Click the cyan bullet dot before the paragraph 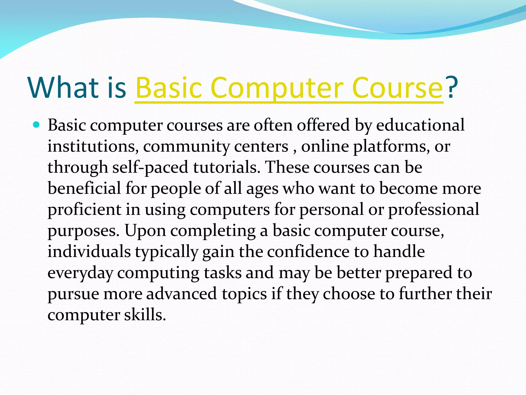pos(36,125)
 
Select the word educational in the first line pos(420,125)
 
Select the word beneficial pos(84,188)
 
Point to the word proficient pos(84,209)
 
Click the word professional pos(434,209)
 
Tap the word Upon pos(145,230)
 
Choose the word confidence pos(308,252)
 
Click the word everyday pos(80,273)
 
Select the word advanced pos(182,294)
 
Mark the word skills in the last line pos(145,315)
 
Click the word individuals pos(89,252)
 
